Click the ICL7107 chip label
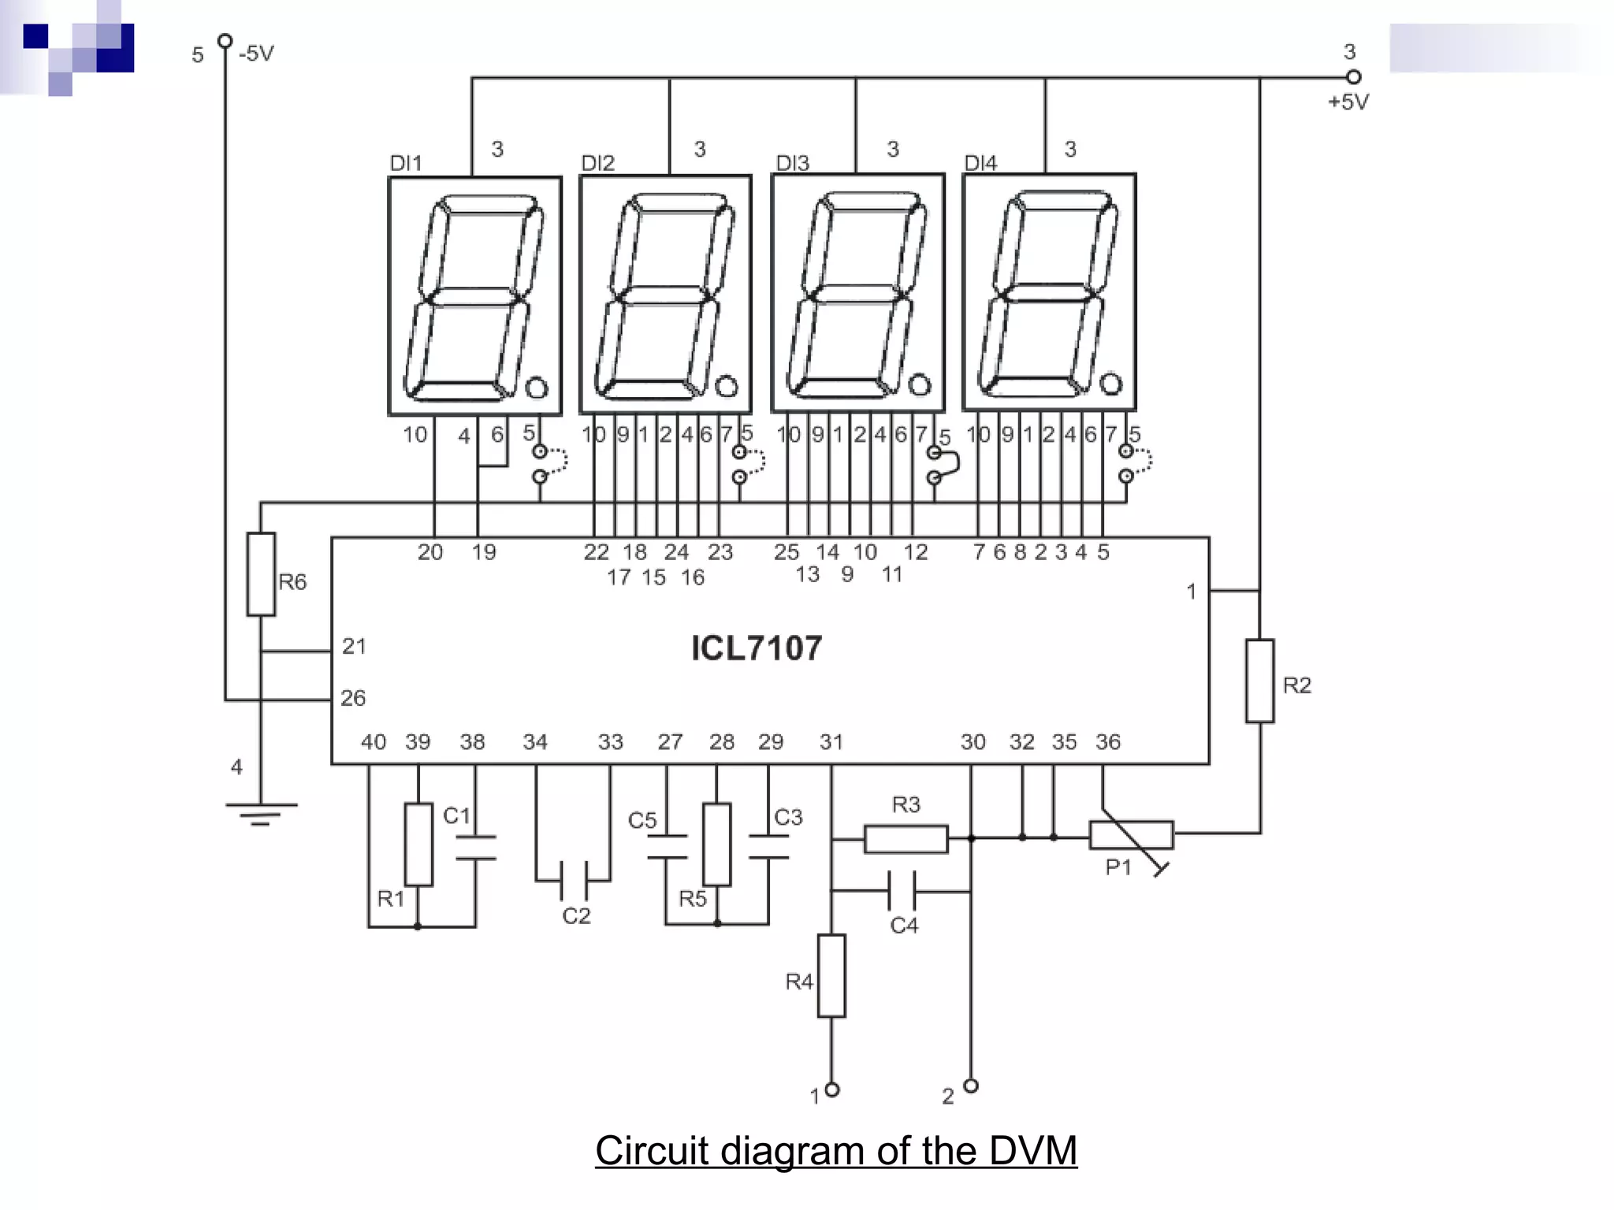pos(756,648)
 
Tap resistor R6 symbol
pos(261,574)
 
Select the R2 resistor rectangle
pos(1259,681)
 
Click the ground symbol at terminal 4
pos(261,811)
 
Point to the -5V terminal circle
pos(225,40)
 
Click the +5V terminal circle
pos(1353,77)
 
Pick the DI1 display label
pos(406,163)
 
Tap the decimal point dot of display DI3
pos(919,384)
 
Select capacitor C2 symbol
pos(574,880)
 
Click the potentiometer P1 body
pos(1132,834)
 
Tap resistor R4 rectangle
pos(831,975)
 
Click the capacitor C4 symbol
pos(902,891)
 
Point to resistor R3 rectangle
pos(906,839)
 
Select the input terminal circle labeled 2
pos(971,1086)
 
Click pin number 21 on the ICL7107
pos(354,647)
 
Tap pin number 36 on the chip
pos(1107,742)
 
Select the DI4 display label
pos(980,163)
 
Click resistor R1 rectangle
pos(418,844)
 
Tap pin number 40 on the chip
pos(373,742)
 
